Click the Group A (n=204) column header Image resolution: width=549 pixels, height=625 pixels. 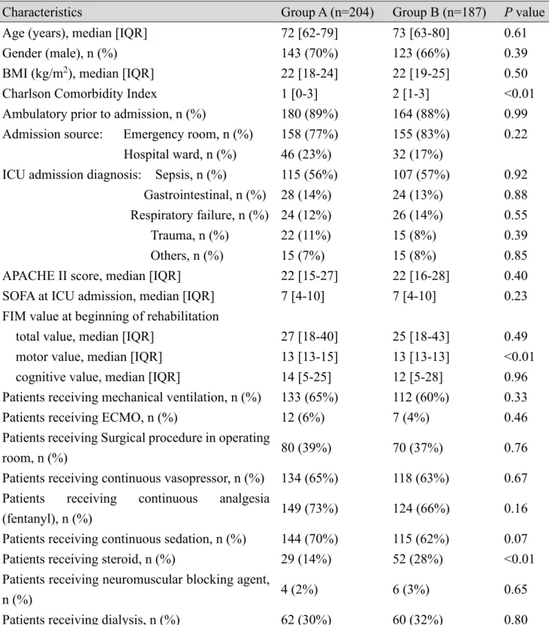pos(327,12)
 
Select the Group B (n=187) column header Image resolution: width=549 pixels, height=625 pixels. pos(439,12)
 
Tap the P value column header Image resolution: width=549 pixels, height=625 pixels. pos(524,12)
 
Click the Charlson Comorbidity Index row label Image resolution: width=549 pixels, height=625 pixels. pos(80,94)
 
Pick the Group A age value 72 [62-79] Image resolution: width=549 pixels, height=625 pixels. pos(309,33)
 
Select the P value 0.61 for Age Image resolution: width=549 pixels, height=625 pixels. pos(515,33)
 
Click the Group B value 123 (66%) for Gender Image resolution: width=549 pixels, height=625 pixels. pos(421,53)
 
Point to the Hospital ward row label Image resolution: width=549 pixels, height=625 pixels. pos(179,155)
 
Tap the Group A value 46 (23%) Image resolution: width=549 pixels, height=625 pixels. pos(306,155)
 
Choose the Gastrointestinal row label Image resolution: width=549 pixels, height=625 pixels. pos(205,195)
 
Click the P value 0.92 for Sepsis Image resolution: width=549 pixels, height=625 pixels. pos(515,175)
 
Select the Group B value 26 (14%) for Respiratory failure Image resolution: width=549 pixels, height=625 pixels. pos(418,215)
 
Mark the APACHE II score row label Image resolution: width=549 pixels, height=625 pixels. pos(92,276)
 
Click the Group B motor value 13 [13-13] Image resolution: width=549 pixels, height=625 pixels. pos(421,356)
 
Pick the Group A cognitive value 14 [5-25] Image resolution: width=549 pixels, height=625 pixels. pos(306,377)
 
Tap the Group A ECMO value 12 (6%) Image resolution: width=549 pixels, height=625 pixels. pos(303,418)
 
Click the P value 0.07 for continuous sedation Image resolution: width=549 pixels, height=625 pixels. pos(515,539)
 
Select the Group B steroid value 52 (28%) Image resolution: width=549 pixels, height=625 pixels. pos(418,559)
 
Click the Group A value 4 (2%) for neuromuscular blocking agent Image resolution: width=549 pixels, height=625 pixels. pos(299,590)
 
